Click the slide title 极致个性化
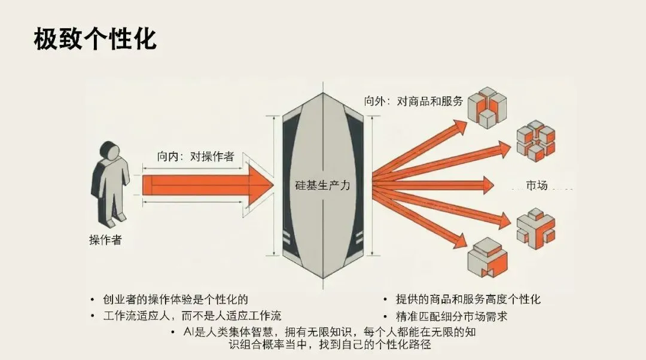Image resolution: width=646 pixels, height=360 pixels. [95, 39]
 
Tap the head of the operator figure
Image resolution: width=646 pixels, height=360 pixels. [109, 151]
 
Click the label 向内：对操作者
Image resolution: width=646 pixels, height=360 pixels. [196, 157]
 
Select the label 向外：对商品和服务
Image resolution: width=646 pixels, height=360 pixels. [414, 101]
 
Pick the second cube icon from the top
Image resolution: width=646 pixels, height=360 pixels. [535, 141]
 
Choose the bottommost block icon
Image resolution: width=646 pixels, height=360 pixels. [486, 256]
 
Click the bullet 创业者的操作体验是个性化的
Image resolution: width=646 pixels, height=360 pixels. [174, 299]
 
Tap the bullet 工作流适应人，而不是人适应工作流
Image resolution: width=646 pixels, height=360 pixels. [191, 315]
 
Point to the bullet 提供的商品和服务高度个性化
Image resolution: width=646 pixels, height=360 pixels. [467, 299]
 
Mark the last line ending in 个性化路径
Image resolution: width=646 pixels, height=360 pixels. [330, 345]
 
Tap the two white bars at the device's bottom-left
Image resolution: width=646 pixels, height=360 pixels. [288, 239]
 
